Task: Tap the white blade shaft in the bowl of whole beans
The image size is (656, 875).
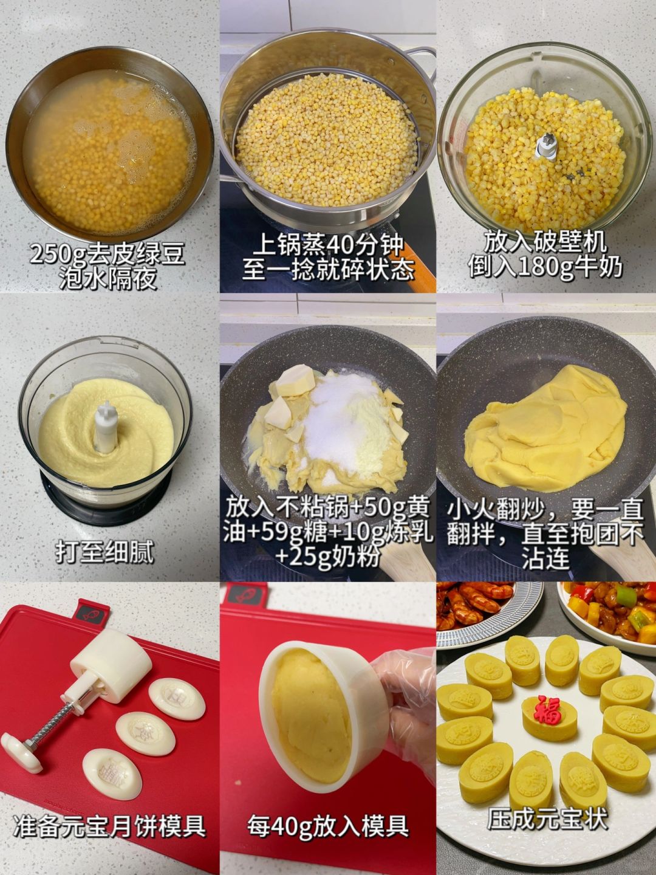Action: click(545, 147)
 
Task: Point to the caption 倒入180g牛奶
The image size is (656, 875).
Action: click(545, 267)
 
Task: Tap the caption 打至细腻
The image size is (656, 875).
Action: click(104, 552)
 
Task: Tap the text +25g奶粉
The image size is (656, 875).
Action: click(327, 556)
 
